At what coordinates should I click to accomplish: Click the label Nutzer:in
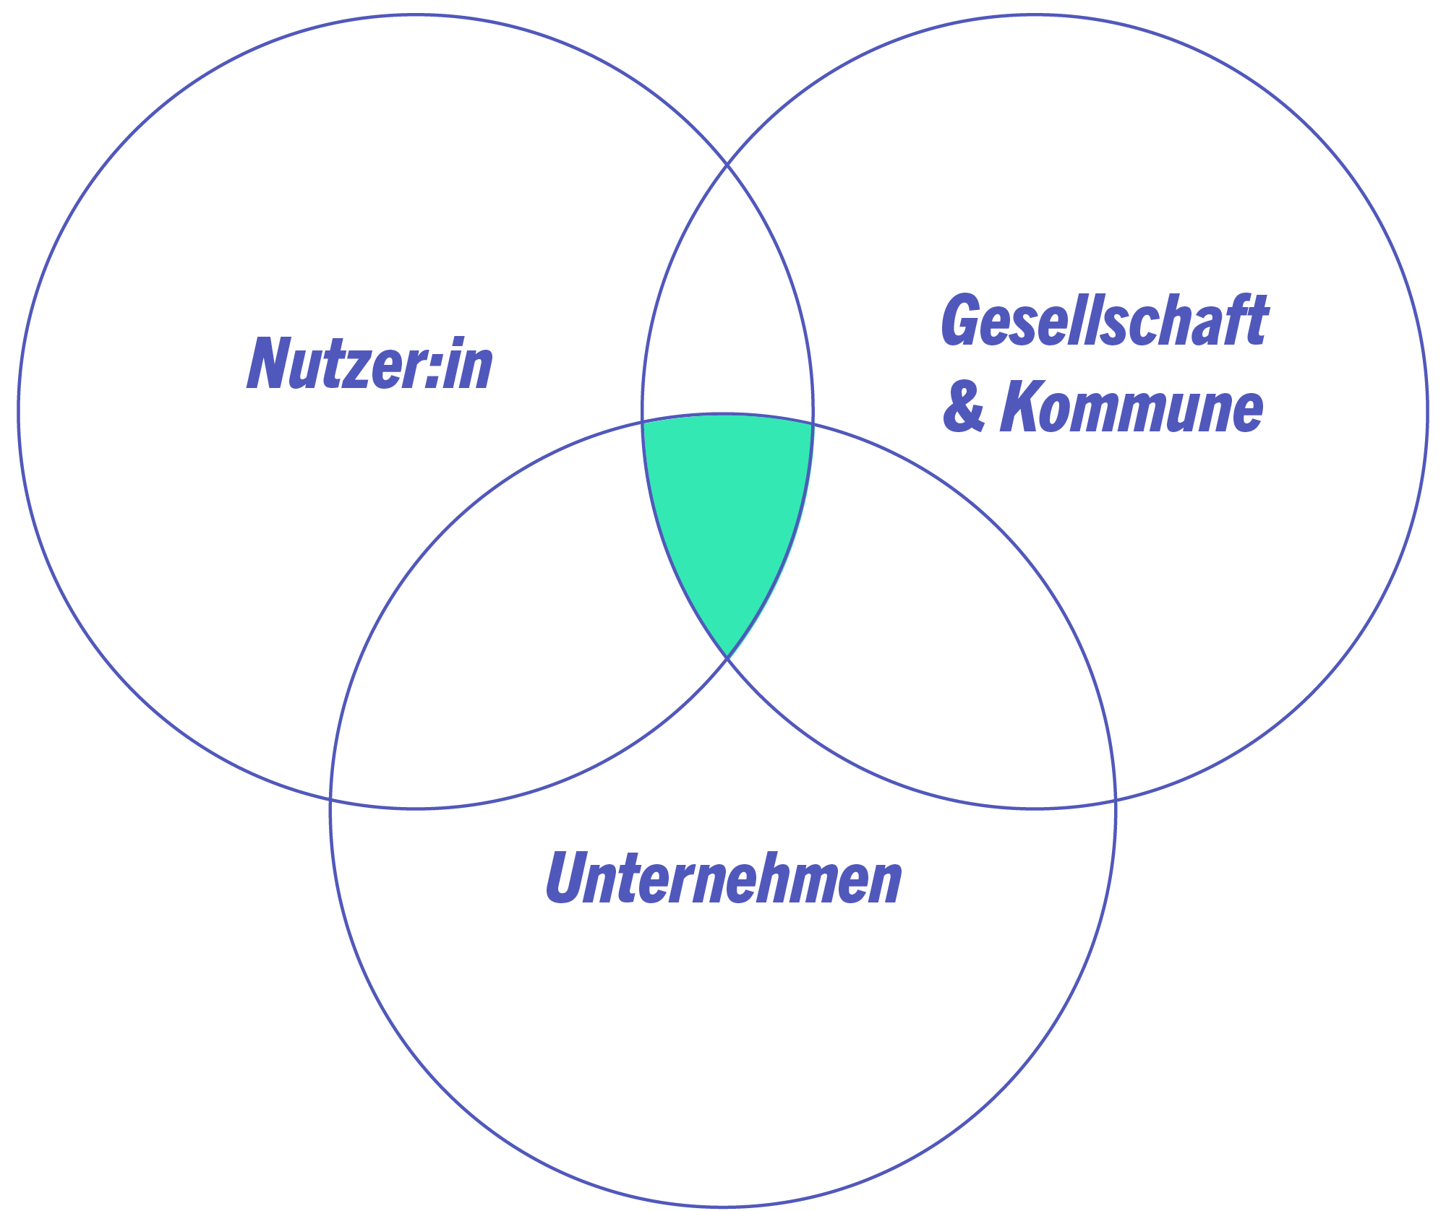tap(369, 363)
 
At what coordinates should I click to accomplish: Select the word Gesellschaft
tap(1104, 320)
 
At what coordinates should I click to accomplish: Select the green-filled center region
tap(727, 513)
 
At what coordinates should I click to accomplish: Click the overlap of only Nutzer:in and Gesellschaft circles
tap(727, 303)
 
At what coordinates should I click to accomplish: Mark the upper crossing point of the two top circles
tap(727, 165)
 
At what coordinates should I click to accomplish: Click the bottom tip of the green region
tap(727, 658)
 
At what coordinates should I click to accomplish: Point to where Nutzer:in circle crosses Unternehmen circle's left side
tap(330, 799)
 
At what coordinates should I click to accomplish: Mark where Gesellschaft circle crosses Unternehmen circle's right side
tap(1116, 800)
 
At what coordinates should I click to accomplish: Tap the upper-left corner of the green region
tap(643, 421)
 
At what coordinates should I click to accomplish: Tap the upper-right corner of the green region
tap(813, 423)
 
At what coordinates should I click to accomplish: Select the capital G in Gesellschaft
tap(959, 320)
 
